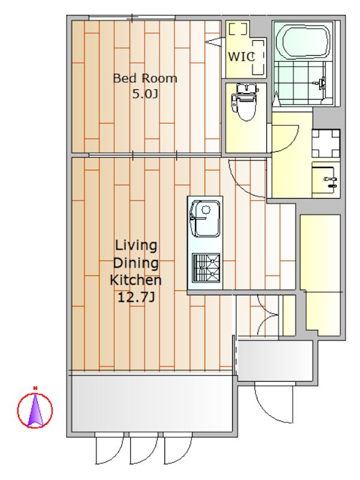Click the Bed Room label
coord(145,79)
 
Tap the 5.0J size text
coord(145,94)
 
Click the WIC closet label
coord(242,56)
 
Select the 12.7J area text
coord(136,297)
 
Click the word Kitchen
coord(136,280)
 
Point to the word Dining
coord(136,263)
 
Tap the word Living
coord(136,245)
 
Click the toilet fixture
coord(245,102)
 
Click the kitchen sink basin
coord(205,218)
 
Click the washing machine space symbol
coord(326,143)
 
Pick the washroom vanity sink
coord(325,180)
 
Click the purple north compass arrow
coord(35,410)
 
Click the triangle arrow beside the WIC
coord(215,41)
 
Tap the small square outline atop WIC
coord(238,29)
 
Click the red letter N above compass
coord(35,388)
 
